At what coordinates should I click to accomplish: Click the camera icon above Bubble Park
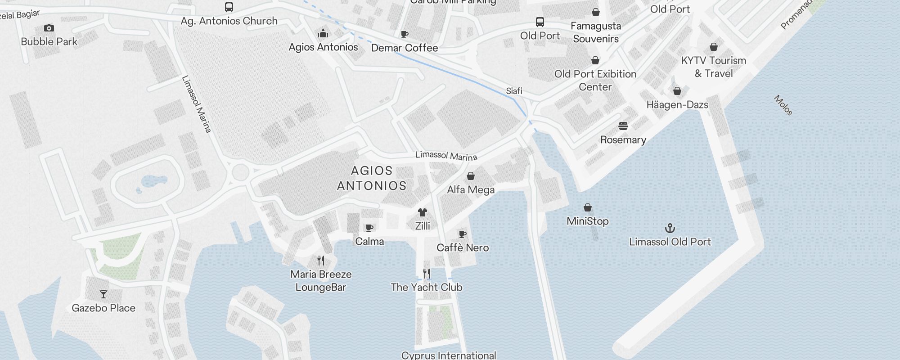pyautogui.click(x=49, y=28)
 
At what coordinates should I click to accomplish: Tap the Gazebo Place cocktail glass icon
pyautogui.click(x=103, y=294)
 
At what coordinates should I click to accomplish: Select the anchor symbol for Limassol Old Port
pyautogui.click(x=670, y=228)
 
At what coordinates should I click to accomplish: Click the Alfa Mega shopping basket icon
pyautogui.click(x=471, y=176)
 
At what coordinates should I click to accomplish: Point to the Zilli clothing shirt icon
pyautogui.click(x=422, y=212)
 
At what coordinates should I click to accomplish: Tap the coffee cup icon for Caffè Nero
pyautogui.click(x=462, y=234)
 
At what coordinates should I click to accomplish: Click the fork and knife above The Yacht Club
pyautogui.click(x=427, y=274)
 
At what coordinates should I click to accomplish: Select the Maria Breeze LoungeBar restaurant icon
pyautogui.click(x=321, y=261)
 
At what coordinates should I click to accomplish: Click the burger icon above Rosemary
pyautogui.click(x=623, y=126)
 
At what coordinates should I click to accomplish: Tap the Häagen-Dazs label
pyautogui.click(x=677, y=105)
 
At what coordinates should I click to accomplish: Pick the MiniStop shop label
pyautogui.click(x=588, y=221)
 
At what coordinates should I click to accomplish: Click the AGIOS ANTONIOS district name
pyautogui.click(x=372, y=178)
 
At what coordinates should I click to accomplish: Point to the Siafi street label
pyautogui.click(x=514, y=91)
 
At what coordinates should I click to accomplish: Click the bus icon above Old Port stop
pyautogui.click(x=540, y=22)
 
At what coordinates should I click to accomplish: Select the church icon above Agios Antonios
pyautogui.click(x=323, y=33)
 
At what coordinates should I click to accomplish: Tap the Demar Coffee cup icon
pyautogui.click(x=404, y=34)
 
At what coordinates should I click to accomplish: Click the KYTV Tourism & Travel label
pyautogui.click(x=713, y=67)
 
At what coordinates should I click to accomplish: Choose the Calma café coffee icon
pyautogui.click(x=369, y=228)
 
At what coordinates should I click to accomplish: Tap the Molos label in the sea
pyautogui.click(x=783, y=105)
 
